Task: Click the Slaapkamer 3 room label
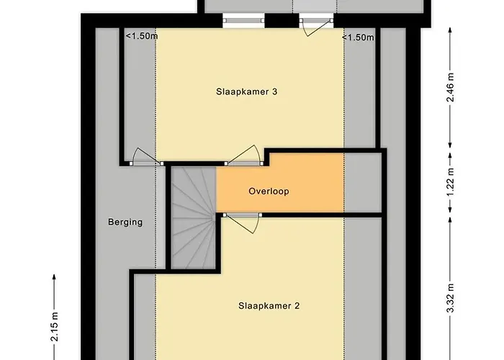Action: pyautogui.click(x=237, y=91)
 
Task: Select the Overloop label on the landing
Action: pyautogui.click(x=269, y=192)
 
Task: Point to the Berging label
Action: pyautogui.click(x=125, y=222)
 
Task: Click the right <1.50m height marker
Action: pyautogui.click(x=358, y=37)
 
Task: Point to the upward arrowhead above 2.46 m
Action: pyautogui.click(x=451, y=31)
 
